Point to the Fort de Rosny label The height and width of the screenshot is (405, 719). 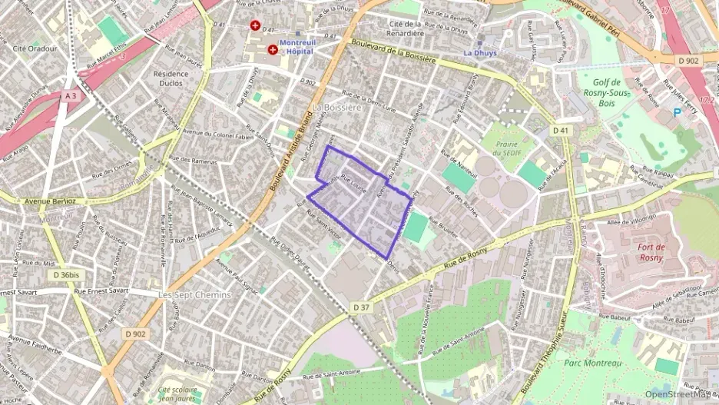click(x=655, y=252)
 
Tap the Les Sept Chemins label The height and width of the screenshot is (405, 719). click(x=194, y=295)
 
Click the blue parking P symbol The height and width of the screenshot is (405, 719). click(x=677, y=113)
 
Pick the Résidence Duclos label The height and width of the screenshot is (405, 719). click(x=171, y=78)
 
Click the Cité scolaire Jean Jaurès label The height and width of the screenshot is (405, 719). click(x=174, y=394)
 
